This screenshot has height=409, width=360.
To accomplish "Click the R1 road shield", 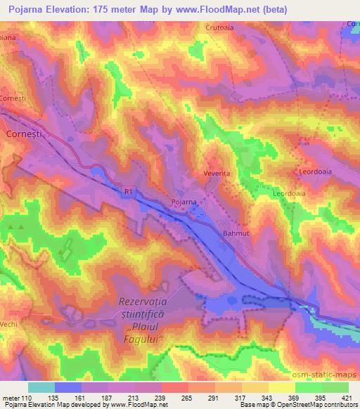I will [x=127, y=190].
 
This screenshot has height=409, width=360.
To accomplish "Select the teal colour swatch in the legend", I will [x=41, y=387].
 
